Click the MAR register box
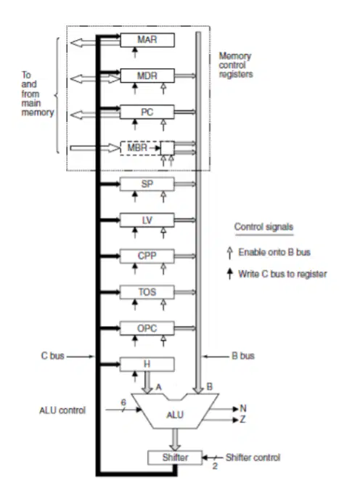tap(147, 40)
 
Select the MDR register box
tap(147, 76)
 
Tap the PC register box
tap(147, 112)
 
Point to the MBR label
tap(137, 147)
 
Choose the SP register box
tap(147, 184)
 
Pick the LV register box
tap(147, 220)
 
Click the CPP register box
tap(147, 256)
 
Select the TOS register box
tap(147, 292)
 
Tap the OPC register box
tap(147, 328)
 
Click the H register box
tap(147, 364)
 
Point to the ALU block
tap(175, 414)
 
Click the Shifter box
tap(175, 458)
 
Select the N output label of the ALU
tap(243, 408)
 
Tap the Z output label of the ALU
tap(242, 419)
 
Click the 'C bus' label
tap(52, 356)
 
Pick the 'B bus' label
tap(243, 356)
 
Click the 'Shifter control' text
tap(253, 458)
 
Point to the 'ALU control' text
tap(62, 410)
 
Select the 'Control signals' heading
tap(264, 227)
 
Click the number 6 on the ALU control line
tap(123, 402)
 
